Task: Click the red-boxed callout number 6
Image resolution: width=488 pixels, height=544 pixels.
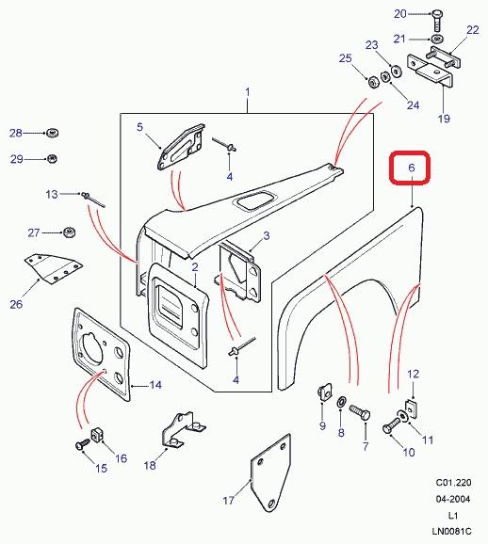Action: tap(412, 168)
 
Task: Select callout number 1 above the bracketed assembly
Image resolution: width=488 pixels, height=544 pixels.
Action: tap(248, 92)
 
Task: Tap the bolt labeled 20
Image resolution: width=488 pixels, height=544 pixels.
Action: tap(437, 21)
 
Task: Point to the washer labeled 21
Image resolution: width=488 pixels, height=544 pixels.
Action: tap(437, 38)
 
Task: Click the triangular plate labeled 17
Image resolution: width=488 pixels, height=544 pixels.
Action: tap(270, 473)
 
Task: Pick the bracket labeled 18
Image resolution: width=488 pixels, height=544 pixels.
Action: tap(183, 430)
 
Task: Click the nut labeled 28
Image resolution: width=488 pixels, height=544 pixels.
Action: tap(52, 133)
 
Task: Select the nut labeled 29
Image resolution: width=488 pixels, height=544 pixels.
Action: tap(52, 159)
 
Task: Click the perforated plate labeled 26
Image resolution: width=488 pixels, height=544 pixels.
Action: tap(52, 269)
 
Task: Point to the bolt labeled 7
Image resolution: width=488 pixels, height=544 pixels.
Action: tap(360, 413)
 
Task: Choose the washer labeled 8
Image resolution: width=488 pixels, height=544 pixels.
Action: tap(341, 403)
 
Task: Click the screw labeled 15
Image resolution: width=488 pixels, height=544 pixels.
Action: tap(82, 445)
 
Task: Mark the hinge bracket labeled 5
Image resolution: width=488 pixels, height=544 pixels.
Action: tap(181, 148)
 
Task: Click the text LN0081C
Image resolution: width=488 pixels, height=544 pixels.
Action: tap(452, 531)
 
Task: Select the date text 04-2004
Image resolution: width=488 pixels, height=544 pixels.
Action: tap(453, 499)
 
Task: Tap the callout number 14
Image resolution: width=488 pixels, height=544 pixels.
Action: tap(155, 385)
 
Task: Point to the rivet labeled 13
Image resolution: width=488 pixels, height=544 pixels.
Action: tap(93, 200)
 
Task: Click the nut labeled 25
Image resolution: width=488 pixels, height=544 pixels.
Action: tap(373, 83)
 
